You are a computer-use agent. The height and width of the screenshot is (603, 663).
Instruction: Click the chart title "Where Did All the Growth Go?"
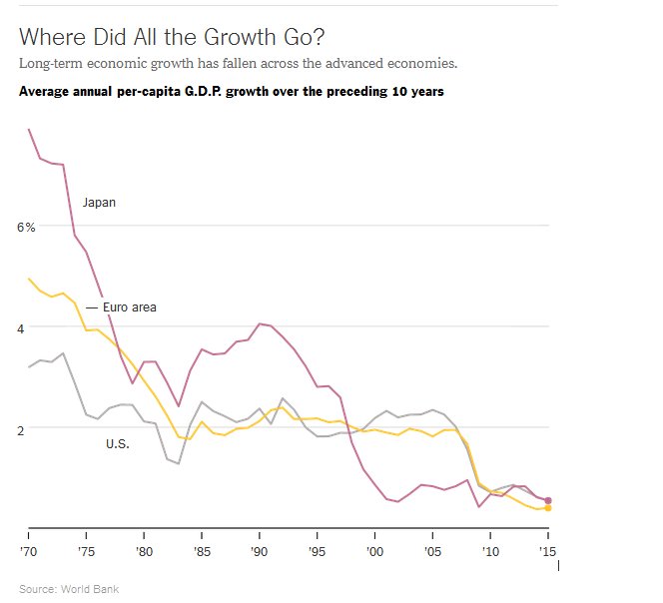pyautogui.click(x=172, y=37)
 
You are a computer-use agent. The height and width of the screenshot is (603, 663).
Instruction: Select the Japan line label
pyautogui.click(x=99, y=203)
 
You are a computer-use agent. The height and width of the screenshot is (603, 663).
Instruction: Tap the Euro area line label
pyautogui.click(x=130, y=307)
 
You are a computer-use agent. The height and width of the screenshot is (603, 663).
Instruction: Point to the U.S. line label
pyautogui.click(x=118, y=444)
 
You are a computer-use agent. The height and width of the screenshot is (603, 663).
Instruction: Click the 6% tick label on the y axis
pyautogui.click(x=26, y=228)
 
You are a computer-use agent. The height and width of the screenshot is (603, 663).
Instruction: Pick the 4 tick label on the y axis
pyautogui.click(x=31, y=327)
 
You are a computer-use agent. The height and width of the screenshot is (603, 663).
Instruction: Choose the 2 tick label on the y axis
pyautogui.click(x=31, y=428)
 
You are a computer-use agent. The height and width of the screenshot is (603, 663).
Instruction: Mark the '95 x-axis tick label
pyautogui.click(x=317, y=551)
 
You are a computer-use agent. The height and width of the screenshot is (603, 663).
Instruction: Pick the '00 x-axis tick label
pyautogui.click(x=374, y=551)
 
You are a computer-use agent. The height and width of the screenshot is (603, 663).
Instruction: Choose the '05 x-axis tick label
pyautogui.click(x=432, y=551)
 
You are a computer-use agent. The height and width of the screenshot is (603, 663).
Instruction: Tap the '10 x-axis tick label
pyautogui.click(x=489, y=551)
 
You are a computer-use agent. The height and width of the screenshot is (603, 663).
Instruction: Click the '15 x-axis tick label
pyautogui.click(x=547, y=551)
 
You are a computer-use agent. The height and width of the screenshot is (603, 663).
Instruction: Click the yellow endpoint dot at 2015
pyautogui.click(x=548, y=508)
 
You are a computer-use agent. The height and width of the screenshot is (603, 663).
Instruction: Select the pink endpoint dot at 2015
pyautogui.click(x=548, y=500)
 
